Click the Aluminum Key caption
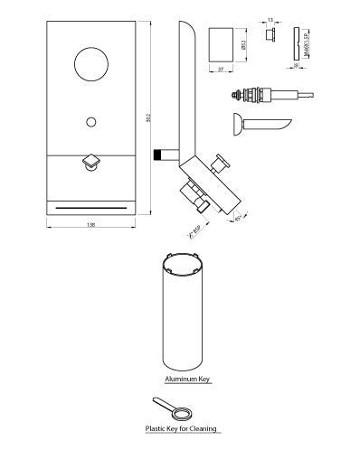click(x=187, y=380)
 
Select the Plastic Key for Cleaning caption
click(x=182, y=429)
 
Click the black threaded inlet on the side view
click(x=166, y=153)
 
